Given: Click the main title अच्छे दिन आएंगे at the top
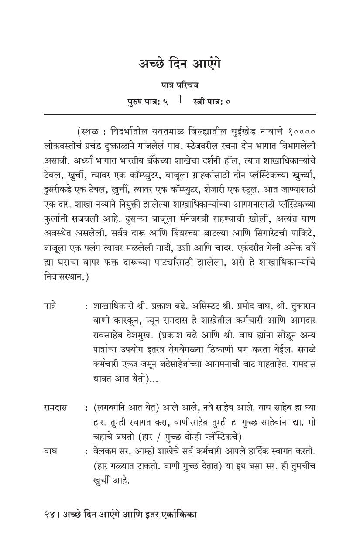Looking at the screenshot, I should coord(180,64).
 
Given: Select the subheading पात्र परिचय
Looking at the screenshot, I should coord(179,85).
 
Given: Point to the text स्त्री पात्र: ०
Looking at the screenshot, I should coord(212,102).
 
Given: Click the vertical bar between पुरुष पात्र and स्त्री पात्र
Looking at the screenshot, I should coord(180,100).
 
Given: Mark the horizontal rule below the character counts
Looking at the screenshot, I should coord(179,114).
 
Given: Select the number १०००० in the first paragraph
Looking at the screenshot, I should coord(302,131).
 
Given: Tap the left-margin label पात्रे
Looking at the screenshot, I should coord(50,307).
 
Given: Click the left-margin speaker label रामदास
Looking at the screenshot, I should coord(55,408).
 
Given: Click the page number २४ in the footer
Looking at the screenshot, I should coord(48,515).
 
